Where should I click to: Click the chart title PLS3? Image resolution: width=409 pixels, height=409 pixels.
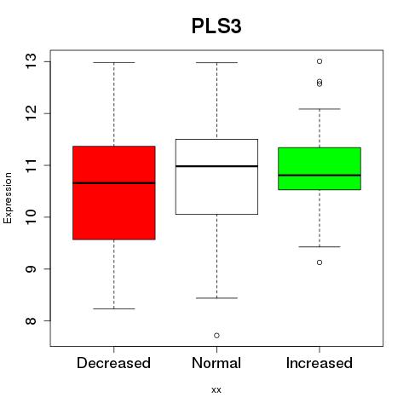pos(216,26)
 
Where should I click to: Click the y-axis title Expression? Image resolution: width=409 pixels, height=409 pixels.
pos(8,198)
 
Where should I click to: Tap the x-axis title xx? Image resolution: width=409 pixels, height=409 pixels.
pos(216,389)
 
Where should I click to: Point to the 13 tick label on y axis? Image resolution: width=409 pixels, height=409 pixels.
pos(31,60)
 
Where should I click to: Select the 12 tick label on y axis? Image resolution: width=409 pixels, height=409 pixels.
pos(31,112)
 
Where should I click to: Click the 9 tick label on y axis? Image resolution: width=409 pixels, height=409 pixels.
pos(31,268)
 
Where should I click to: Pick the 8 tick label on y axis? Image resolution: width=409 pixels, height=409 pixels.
pos(31,320)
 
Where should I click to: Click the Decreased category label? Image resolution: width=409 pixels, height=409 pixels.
pos(113,363)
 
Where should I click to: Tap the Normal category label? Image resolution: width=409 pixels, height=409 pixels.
pos(216,363)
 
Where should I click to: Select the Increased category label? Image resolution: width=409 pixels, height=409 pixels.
pos(320,363)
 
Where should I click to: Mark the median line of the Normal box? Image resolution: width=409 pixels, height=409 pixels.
pos(216,166)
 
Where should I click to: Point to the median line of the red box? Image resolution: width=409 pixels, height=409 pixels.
pos(114,183)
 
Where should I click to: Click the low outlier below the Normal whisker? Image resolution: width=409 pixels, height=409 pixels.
pos(216,336)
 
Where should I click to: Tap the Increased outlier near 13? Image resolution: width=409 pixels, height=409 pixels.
pos(320,61)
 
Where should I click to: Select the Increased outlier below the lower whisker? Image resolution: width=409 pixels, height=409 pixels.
pos(320,262)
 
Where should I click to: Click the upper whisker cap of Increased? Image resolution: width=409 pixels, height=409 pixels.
pos(320,109)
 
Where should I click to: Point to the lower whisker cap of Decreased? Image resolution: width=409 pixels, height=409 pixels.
pos(114,308)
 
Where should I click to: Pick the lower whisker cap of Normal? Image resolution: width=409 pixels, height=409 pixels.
pos(216,298)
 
